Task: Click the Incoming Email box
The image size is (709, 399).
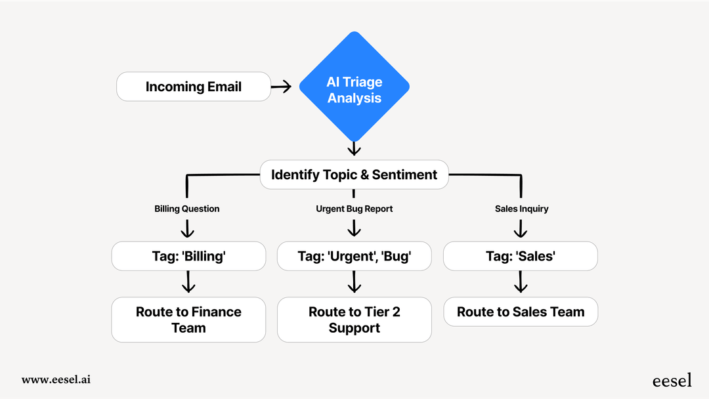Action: tap(194, 87)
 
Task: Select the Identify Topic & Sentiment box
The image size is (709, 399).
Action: tap(354, 175)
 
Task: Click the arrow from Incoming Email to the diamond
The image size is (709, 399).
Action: tap(281, 87)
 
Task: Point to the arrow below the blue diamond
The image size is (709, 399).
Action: tap(354, 148)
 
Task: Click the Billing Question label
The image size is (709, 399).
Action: tap(187, 209)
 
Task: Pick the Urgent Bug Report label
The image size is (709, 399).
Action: tap(354, 209)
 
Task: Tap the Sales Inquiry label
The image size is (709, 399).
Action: tap(521, 209)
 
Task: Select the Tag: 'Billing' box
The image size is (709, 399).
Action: tap(188, 256)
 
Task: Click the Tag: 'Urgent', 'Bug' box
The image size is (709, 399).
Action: tap(354, 256)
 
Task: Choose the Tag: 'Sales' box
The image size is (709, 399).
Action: tap(521, 256)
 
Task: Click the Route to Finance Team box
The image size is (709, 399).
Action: tap(188, 320)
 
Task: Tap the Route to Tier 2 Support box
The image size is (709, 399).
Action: tap(354, 320)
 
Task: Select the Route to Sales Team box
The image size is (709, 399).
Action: tap(521, 312)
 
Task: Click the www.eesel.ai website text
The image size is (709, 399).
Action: tap(56, 379)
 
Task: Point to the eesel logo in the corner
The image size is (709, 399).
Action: tap(672, 380)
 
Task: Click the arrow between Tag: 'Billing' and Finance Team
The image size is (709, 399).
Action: tap(188, 283)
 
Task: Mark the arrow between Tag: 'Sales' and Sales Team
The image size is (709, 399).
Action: tap(521, 283)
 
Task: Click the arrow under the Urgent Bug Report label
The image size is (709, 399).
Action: tap(354, 228)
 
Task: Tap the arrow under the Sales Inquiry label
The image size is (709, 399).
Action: tap(521, 228)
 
